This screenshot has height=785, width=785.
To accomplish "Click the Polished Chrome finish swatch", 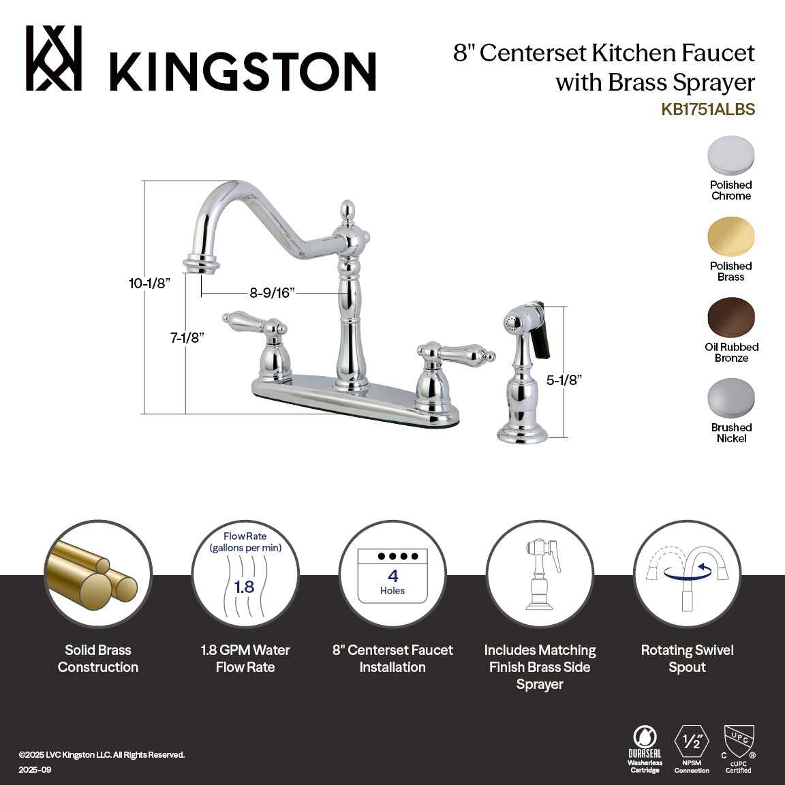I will pos(730,156).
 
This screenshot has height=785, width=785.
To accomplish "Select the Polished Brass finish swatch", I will pos(730,237).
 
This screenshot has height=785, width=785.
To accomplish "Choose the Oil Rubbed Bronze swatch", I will pos(730,318).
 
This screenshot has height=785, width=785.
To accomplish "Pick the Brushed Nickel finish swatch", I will pos(730,399).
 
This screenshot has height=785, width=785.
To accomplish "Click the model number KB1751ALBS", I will pos(707,110).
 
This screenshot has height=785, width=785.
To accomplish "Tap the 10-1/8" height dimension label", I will pos(149,283).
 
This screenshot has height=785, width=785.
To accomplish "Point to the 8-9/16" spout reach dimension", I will pos(272,293).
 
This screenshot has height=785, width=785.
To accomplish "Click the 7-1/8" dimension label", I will pos(187,337).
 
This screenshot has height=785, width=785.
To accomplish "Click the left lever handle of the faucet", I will pos(245,321).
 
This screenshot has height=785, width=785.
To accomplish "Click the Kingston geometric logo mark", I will pos(54,59).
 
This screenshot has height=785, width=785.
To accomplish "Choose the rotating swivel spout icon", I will pos(687,574).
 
